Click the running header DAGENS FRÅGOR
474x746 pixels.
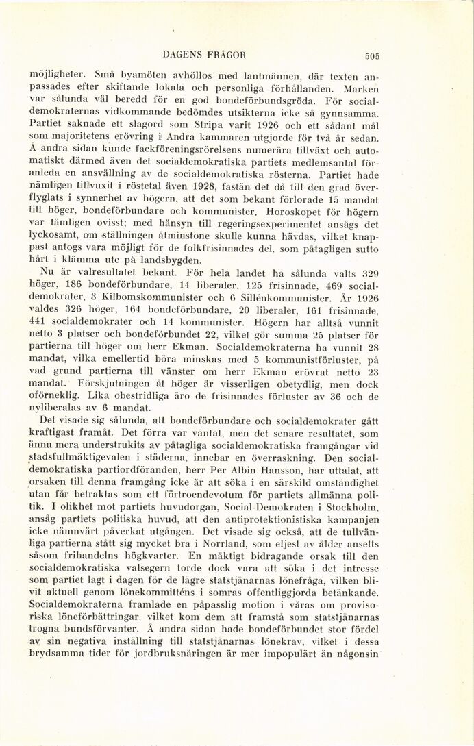coord(204,54)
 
